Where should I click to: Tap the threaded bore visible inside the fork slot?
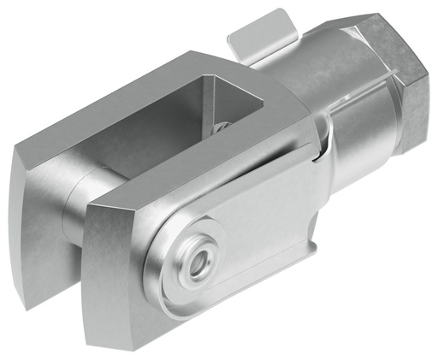(221, 127)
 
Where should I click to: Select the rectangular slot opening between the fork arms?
(227, 98)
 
